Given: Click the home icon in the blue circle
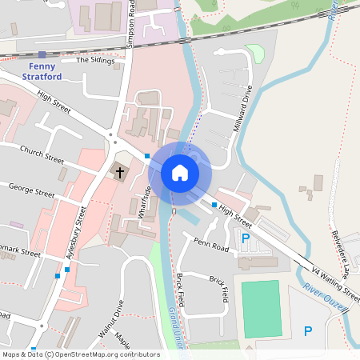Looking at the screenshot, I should tap(179, 172).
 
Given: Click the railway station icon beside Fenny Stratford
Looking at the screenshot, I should tap(42, 54).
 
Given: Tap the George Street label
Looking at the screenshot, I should tap(31, 190).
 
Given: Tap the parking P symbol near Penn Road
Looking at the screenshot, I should tap(246, 238).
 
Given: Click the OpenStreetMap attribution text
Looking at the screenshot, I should tap(80, 354).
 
